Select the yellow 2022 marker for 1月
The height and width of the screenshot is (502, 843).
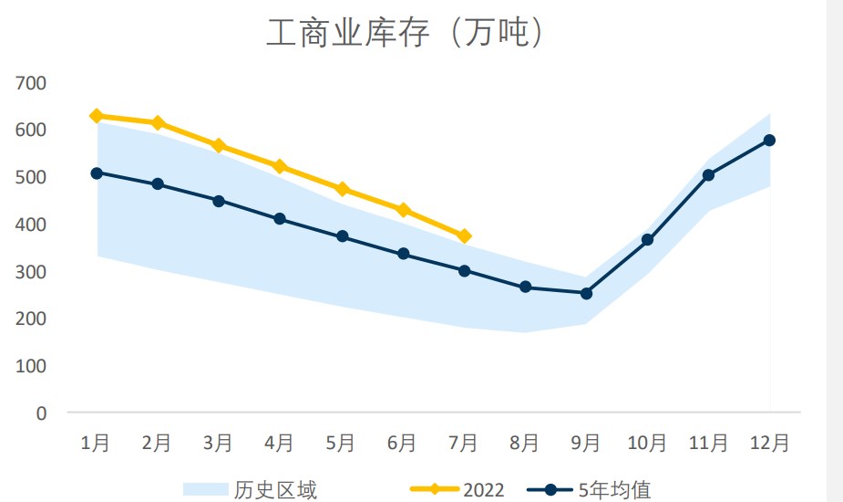click(x=97, y=116)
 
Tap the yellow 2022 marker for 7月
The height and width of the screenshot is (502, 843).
click(x=464, y=236)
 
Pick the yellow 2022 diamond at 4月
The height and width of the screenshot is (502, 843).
click(x=280, y=166)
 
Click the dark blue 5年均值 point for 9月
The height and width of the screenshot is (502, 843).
click(x=586, y=293)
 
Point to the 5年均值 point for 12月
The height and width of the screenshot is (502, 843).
click(x=769, y=140)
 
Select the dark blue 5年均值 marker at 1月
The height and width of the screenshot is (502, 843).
click(x=97, y=173)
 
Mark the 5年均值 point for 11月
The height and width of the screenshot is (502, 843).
click(x=708, y=175)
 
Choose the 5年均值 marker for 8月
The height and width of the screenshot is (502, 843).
click(x=525, y=287)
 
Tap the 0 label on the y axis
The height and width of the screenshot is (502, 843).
click(x=40, y=413)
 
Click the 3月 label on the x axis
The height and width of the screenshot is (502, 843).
click(x=218, y=444)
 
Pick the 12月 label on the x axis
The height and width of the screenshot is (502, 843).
click(x=769, y=444)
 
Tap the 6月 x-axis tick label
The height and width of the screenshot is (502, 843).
click(x=402, y=444)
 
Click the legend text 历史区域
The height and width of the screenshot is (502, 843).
click(x=275, y=490)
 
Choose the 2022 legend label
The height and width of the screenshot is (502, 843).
click(x=483, y=490)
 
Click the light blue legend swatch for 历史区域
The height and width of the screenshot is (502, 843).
click(x=204, y=490)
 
